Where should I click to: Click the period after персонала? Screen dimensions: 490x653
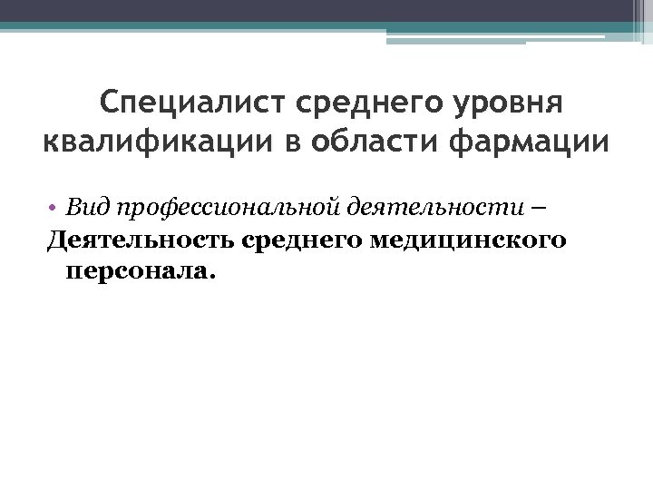(x=214, y=277)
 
